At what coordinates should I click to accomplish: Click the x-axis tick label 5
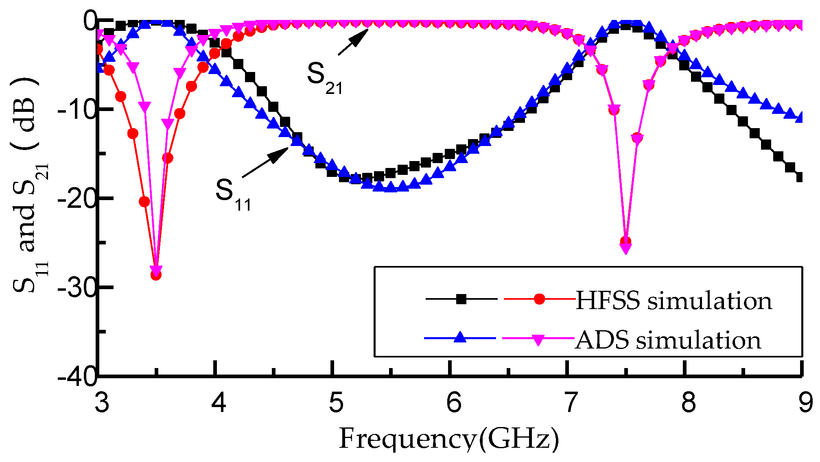[336, 403]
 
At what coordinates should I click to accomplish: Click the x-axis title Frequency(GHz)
[449, 439]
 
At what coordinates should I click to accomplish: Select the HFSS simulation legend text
[673, 301]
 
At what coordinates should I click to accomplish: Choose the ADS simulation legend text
[668, 340]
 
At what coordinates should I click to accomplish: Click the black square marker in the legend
[461, 299]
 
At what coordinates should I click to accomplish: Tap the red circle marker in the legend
[539, 299]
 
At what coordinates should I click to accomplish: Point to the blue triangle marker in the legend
[460, 338]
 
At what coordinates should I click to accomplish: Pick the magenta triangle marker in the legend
[538, 339]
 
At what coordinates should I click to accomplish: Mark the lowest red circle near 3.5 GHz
[156, 275]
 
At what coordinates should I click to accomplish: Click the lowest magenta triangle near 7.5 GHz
[626, 248]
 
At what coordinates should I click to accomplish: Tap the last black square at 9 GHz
[800, 177]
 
